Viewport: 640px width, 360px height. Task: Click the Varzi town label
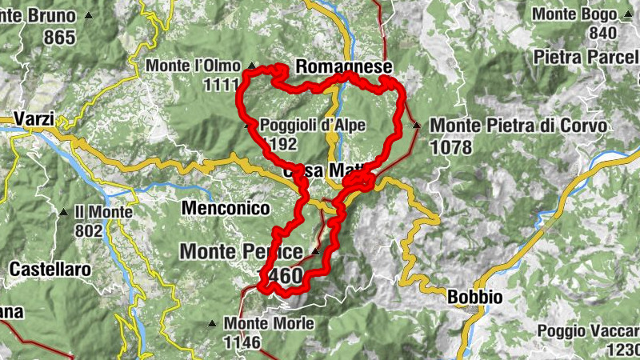pos(33,120)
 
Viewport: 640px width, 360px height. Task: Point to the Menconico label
pos(226,208)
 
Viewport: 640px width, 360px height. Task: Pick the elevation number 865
pos(60,37)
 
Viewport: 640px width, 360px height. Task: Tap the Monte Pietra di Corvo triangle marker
pos(416,125)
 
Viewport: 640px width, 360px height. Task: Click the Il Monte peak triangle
pos(63,212)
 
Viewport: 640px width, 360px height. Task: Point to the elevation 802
pos(88,231)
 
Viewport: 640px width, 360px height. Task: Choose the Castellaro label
pos(50,270)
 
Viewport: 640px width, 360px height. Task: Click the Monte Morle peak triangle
pos(212,324)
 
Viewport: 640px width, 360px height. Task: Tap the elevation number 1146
pos(242,343)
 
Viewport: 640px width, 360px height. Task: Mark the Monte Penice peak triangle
pos(315,251)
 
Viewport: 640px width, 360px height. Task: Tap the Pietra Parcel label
pos(586,58)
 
